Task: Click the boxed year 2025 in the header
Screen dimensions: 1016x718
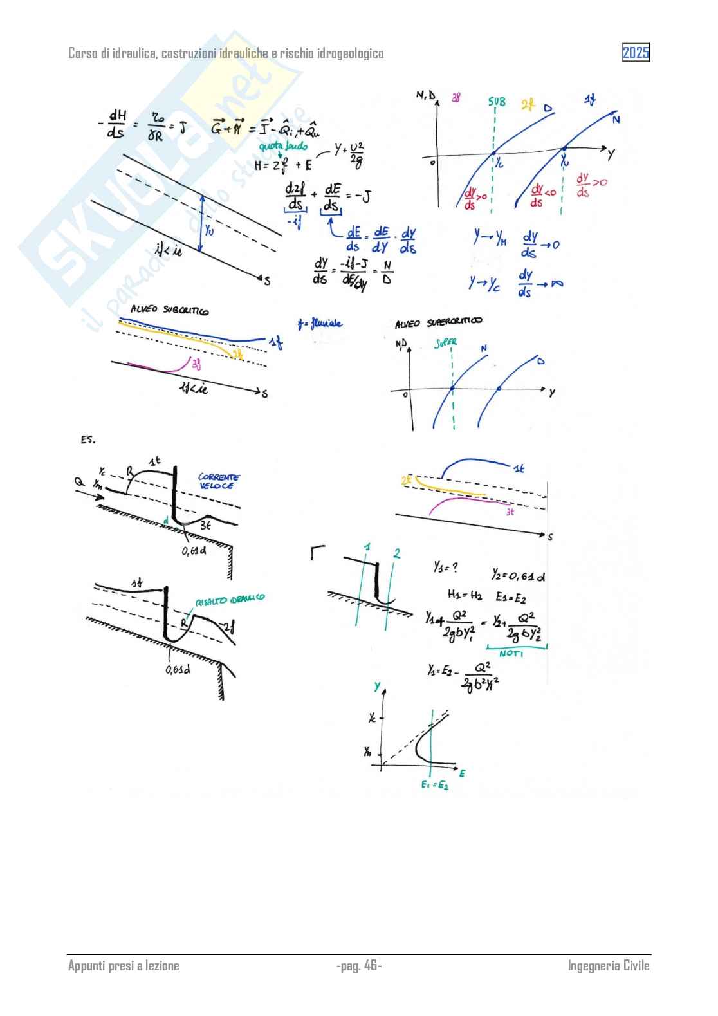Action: pos(635,53)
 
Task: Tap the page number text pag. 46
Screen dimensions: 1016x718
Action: pos(359,965)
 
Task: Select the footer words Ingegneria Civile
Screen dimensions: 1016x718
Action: pos(608,965)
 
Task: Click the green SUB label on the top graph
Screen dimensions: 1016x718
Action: pos(497,102)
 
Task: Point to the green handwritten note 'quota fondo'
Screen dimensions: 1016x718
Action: pos(283,147)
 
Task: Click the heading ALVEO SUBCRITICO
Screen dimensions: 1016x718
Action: pos(169,310)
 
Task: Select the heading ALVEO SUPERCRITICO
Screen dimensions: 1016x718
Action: pos(438,322)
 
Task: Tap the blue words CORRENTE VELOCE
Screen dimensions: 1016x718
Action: pos(219,481)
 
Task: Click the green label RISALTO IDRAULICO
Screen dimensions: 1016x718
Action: pos(230,599)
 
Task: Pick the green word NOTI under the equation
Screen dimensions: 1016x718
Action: pos(511,653)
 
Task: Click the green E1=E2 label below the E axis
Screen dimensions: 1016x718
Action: pos(434,785)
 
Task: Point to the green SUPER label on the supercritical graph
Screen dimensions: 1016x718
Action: pos(445,343)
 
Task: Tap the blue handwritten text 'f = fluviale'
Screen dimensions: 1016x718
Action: pos(320,323)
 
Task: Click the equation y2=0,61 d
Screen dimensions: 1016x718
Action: pos(519,575)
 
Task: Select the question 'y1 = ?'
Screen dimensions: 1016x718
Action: pos(445,567)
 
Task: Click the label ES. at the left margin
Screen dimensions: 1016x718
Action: pos(88,439)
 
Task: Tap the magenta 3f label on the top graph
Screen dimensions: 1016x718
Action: pos(456,98)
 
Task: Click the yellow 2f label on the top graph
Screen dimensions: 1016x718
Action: pos(528,104)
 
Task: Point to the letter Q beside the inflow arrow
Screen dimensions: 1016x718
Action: pos(79,481)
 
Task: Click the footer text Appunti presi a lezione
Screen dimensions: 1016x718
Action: pos(124,965)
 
